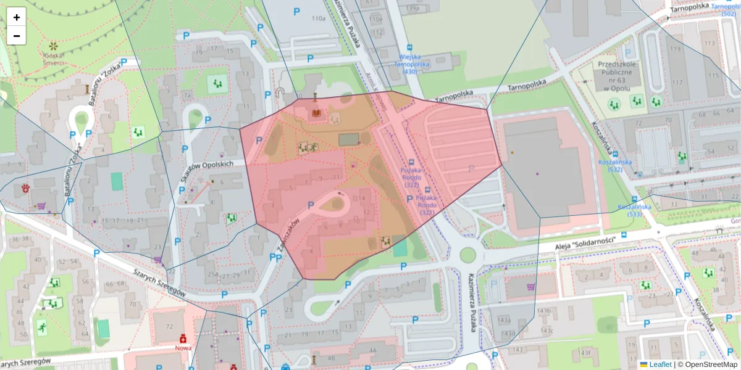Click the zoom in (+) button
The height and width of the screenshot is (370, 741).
(17, 17)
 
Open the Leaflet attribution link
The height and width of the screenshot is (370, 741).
(659, 364)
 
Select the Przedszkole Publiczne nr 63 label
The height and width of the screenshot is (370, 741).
(614, 74)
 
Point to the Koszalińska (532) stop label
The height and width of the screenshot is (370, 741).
(614, 165)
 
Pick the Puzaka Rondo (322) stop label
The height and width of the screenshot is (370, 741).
(411, 176)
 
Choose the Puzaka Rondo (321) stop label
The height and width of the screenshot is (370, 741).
(427, 205)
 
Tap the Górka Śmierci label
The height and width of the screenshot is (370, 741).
(54, 58)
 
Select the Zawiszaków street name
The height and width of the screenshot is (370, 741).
(286, 234)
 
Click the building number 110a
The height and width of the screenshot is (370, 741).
(318, 18)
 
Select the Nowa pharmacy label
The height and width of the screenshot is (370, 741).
(183, 347)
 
